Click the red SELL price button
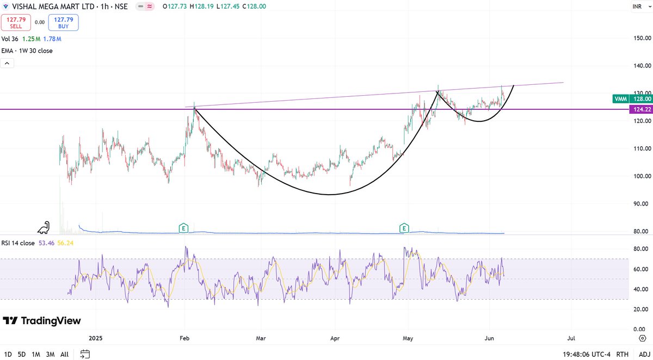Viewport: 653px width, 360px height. coord(16,22)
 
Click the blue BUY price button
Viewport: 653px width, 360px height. coord(64,22)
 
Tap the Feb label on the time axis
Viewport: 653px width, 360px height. coord(185,338)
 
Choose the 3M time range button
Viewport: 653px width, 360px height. coord(50,354)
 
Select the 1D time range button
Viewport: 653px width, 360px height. coord(8,354)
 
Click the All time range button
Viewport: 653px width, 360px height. coord(64,354)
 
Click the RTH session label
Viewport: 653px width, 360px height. coord(623,354)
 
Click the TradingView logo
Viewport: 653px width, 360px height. coord(42,321)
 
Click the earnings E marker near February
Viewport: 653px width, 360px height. coord(183,227)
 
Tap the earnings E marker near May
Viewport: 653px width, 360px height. coord(404,227)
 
